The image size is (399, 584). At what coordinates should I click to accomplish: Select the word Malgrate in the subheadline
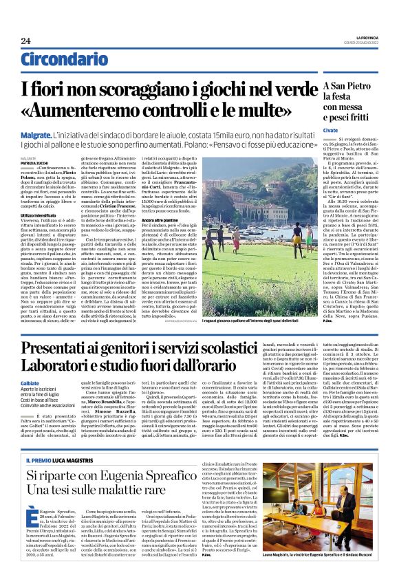click(x=36, y=138)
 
